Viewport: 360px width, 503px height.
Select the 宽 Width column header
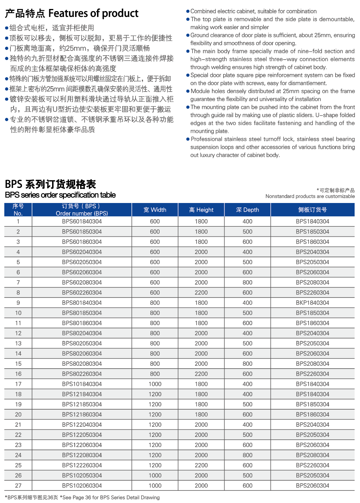tap(155, 210)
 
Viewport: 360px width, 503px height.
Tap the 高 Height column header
tap(201, 210)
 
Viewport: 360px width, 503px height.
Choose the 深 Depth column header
tap(247, 210)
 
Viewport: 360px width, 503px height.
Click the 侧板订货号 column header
tap(312, 210)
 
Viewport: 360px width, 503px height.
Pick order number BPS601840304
tap(82, 222)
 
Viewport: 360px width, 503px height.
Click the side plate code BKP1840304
tap(312, 303)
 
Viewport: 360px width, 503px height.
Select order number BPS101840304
tap(82, 384)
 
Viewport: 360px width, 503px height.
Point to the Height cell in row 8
tap(201, 293)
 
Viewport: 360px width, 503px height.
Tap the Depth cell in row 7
tap(247, 283)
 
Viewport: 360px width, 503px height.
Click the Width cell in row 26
tap(155, 475)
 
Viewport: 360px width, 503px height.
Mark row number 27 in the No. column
tap(18, 486)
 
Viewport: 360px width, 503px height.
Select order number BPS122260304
tap(82, 465)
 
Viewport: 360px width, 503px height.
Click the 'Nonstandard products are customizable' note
tap(310, 196)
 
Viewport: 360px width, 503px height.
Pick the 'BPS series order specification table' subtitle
tap(60, 195)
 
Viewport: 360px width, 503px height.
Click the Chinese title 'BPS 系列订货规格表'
tap(51, 184)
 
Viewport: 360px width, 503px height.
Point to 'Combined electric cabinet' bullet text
tap(253, 11)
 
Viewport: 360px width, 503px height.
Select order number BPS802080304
tap(82, 364)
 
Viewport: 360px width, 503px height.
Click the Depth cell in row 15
tap(247, 364)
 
